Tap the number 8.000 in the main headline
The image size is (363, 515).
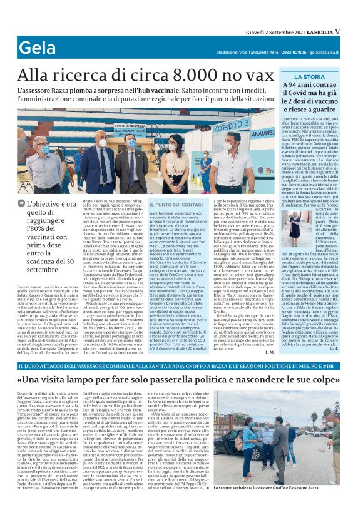pyautogui.click(x=183, y=76)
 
